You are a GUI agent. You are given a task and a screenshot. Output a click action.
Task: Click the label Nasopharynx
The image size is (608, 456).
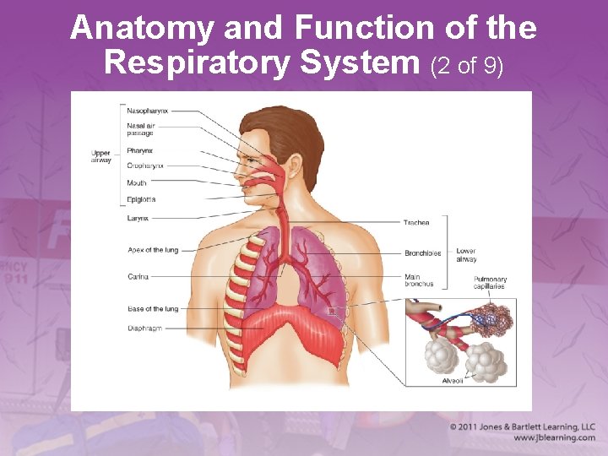(x=148, y=111)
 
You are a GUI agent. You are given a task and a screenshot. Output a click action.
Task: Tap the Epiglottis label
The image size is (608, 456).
(x=142, y=199)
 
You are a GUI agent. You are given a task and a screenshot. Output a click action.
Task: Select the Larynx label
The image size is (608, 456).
(x=138, y=218)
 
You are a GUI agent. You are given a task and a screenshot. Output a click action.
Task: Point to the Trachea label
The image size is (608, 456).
(x=416, y=223)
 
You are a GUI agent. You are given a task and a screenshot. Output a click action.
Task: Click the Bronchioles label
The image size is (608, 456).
(x=422, y=252)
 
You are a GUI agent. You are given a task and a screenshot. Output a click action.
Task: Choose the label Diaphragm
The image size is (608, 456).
(x=144, y=328)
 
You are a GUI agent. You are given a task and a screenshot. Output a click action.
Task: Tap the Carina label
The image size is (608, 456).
(x=138, y=276)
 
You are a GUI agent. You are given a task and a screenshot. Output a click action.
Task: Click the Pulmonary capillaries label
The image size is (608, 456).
(x=490, y=283)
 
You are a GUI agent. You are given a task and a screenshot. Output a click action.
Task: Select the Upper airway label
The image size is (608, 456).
(x=101, y=156)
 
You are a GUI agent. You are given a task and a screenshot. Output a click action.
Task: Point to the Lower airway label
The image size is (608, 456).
(x=466, y=255)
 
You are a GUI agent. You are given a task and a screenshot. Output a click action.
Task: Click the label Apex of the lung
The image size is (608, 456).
(x=153, y=250)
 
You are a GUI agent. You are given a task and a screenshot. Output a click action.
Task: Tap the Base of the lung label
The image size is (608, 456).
(x=153, y=309)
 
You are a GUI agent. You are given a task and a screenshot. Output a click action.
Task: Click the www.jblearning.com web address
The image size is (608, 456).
(x=554, y=438)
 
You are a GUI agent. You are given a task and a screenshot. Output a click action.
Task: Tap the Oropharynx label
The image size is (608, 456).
(x=145, y=166)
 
